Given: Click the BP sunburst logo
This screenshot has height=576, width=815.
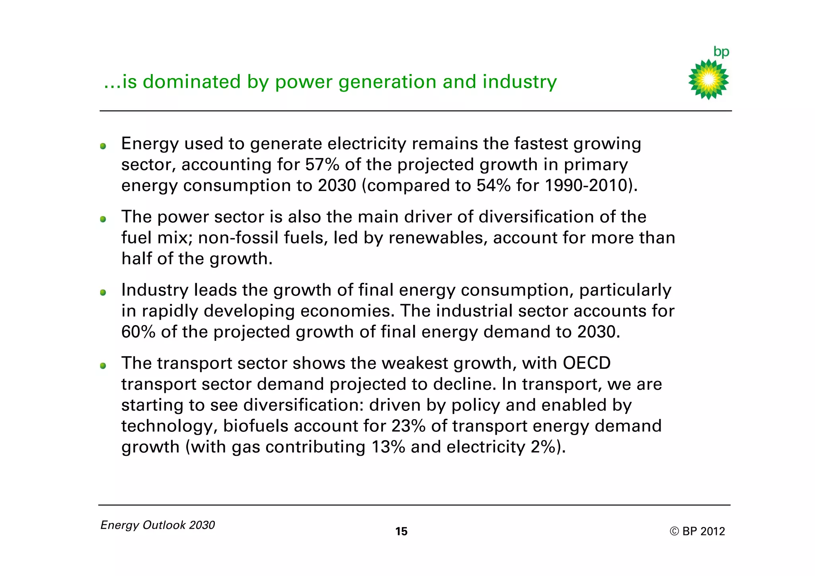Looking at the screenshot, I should point(708,79).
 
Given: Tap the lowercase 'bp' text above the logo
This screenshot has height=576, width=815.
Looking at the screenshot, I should point(721,52).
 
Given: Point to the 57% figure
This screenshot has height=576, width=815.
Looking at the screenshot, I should point(322,164).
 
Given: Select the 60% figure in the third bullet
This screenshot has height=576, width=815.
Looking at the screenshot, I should point(138,332).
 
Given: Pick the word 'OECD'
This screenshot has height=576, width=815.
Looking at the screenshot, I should point(587,363).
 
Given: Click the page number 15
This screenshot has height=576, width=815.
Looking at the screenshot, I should point(401,531).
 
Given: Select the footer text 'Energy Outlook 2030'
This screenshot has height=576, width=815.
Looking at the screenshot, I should point(158,525).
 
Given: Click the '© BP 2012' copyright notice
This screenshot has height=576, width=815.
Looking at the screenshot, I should point(697,531).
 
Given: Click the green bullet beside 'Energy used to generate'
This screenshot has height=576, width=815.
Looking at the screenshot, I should point(103,146).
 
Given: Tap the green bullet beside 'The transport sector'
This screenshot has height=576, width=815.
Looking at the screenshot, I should point(103,365).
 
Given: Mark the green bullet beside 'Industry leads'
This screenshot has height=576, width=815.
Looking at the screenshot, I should point(103,293).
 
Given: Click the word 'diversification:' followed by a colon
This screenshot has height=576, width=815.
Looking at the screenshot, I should point(304,405).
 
